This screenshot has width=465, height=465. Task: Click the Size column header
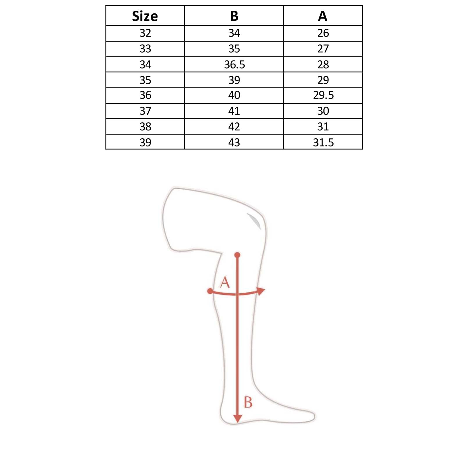(145, 16)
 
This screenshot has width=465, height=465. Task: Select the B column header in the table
(234, 16)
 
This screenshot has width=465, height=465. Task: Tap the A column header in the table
(323, 16)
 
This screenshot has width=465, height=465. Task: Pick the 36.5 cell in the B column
(234, 65)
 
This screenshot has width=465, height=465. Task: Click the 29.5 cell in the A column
(323, 95)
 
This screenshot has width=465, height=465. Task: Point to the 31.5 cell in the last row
(323, 142)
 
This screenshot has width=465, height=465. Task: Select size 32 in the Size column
(145, 33)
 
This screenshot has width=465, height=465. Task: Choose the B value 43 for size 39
(234, 142)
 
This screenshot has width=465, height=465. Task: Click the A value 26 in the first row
(323, 33)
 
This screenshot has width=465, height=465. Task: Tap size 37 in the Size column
(145, 111)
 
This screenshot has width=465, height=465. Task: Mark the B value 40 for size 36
(234, 95)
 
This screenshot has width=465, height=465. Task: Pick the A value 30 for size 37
(323, 111)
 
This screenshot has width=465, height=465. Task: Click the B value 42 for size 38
(234, 127)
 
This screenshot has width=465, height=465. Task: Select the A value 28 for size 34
(323, 65)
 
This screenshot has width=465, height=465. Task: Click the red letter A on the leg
(225, 282)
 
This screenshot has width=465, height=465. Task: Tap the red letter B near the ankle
(248, 403)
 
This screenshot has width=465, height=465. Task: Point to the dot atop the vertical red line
(237, 255)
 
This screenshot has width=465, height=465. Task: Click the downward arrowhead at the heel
(237, 419)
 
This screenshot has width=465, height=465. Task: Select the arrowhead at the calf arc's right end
(261, 291)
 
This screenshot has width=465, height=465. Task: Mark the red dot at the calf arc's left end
(210, 291)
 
